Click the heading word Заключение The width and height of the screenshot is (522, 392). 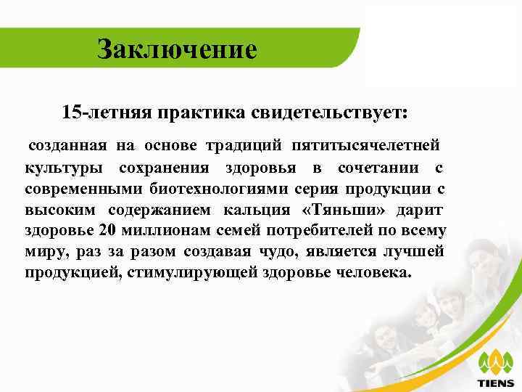pos(178,49)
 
